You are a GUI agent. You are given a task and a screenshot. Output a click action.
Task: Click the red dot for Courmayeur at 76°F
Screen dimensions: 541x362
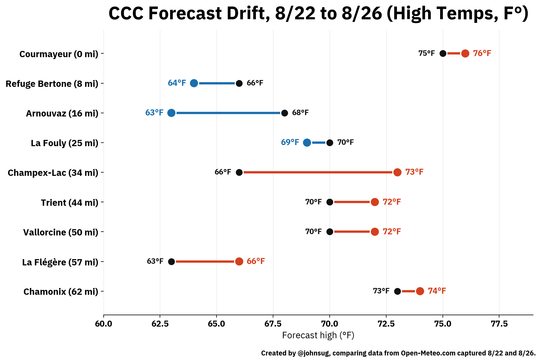pyautogui.click(x=465, y=53)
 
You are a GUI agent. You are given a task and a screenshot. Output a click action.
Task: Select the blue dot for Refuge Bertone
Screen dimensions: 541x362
pyautogui.click(x=194, y=83)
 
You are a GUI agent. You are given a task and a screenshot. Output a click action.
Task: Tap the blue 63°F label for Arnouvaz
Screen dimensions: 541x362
pyautogui.click(x=154, y=112)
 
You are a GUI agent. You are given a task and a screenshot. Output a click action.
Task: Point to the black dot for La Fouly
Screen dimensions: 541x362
pyautogui.click(x=330, y=142)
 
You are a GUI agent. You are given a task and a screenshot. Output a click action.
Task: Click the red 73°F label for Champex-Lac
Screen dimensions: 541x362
pyautogui.click(x=414, y=172)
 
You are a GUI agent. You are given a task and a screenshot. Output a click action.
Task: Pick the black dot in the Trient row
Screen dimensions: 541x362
pyautogui.click(x=330, y=202)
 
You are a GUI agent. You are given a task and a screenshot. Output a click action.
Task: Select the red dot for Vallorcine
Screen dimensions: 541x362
pyautogui.click(x=375, y=232)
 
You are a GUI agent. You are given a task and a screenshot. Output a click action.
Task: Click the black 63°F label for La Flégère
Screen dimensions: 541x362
pyautogui.click(x=155, y=261)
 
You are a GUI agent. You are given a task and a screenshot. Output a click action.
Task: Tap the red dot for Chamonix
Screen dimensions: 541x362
pyautogui.click(x=420, y=291)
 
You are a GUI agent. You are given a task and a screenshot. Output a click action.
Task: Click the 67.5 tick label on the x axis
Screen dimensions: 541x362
pyautogui.click(x=273, y=324)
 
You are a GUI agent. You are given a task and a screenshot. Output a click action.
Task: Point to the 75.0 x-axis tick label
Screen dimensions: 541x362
pyautogui.click(x=443, y=324)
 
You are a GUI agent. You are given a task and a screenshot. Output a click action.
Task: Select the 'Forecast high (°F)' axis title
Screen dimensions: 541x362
pyautogui.click(x=318, y=335)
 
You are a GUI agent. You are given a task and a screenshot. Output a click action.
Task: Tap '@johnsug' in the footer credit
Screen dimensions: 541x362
pyautogui.click(x=314, y=353)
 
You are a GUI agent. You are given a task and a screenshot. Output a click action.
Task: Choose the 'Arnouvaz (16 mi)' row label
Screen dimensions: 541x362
pyautogui.click(x=62, y=113)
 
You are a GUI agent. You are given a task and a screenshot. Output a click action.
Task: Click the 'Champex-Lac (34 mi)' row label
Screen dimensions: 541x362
pyautogui.click(x=53, y=173)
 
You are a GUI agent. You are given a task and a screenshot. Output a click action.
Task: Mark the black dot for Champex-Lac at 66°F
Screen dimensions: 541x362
pyautogui.click(x=239, y=172)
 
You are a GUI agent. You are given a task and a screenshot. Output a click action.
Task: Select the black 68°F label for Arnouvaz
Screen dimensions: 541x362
pyautogui.click(x=300, y=112)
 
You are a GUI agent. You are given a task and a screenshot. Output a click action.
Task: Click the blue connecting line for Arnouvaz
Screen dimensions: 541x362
pyautogui.click(x=228, y=113)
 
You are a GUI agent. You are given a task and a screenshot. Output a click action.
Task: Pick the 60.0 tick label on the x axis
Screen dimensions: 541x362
pyautogui.click(x=103, y=324)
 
